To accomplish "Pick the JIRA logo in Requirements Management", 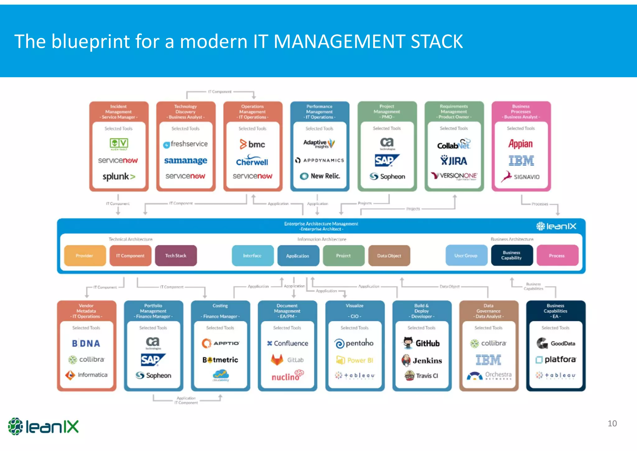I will coord(453,161).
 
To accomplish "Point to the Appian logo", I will coord(520,144).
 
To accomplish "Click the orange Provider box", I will coord(85,256).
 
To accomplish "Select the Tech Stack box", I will coord(176,256).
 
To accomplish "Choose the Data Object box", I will coord(389,256).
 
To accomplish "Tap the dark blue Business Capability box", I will coord(511,255).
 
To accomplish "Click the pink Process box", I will coord(557,256).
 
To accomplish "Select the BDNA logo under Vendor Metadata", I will coord(86,343).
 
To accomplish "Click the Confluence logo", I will coord(287,343).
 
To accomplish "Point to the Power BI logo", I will coord(355,360).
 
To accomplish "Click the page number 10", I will coord(612,424).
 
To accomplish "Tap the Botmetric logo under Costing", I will coord(220,360).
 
